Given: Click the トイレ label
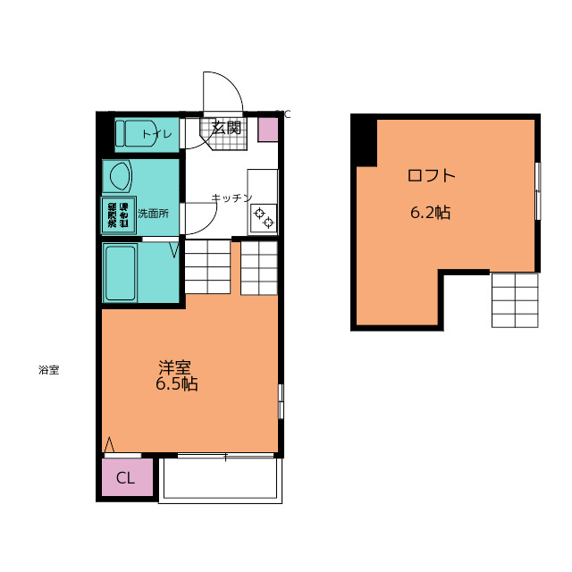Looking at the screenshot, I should tap(157, 134).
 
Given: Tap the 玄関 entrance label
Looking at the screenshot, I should tap(226, 128).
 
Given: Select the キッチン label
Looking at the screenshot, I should tap(231, 198).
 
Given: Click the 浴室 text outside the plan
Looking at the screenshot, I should tap(48, 370).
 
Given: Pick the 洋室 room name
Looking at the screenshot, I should tap(175, 367).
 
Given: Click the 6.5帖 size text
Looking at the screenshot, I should tap(176, 385).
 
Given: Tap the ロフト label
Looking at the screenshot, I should tap(431, 175).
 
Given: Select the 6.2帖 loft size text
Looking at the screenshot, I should tap(430, 213).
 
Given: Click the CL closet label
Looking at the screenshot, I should tap(125, 478).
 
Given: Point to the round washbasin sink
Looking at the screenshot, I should tap(117, 175).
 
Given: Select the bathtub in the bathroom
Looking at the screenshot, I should tap(121, 272).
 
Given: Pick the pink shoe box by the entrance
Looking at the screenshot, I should tap(268, 129).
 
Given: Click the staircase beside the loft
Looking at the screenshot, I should tap(515, 299).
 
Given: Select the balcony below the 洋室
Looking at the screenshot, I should tap(221, 480).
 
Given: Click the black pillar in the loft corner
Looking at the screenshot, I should tap(364, 139).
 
